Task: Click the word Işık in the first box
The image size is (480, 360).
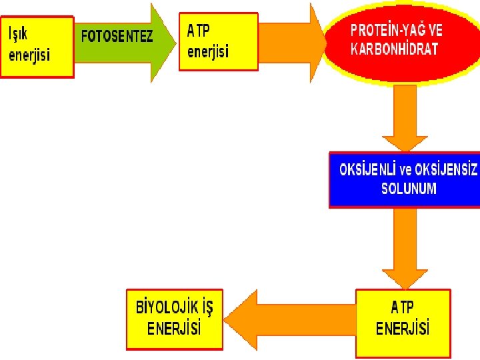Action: click(x=19, y=33)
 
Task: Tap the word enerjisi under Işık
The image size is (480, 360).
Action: click(x=29, y=55)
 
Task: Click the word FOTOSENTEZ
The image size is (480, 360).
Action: click(x=117, y=37)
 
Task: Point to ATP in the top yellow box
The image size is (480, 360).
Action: click(x=198, y=30)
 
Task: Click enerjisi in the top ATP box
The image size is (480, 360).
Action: click(x=208, y=51)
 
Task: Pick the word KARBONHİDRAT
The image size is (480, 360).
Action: click(x=395, y=50)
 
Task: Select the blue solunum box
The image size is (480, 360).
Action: click(x=404, y=179)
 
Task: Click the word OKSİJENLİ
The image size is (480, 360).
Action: click(x=367, y=170)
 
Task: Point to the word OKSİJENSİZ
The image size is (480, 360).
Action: click(x=446, y=170)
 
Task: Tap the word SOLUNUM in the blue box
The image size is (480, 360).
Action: click(x=409, y=189)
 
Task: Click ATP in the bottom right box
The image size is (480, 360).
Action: click(x=402, y=307)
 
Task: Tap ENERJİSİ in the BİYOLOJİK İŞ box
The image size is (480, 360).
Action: click(x=174, y=329)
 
